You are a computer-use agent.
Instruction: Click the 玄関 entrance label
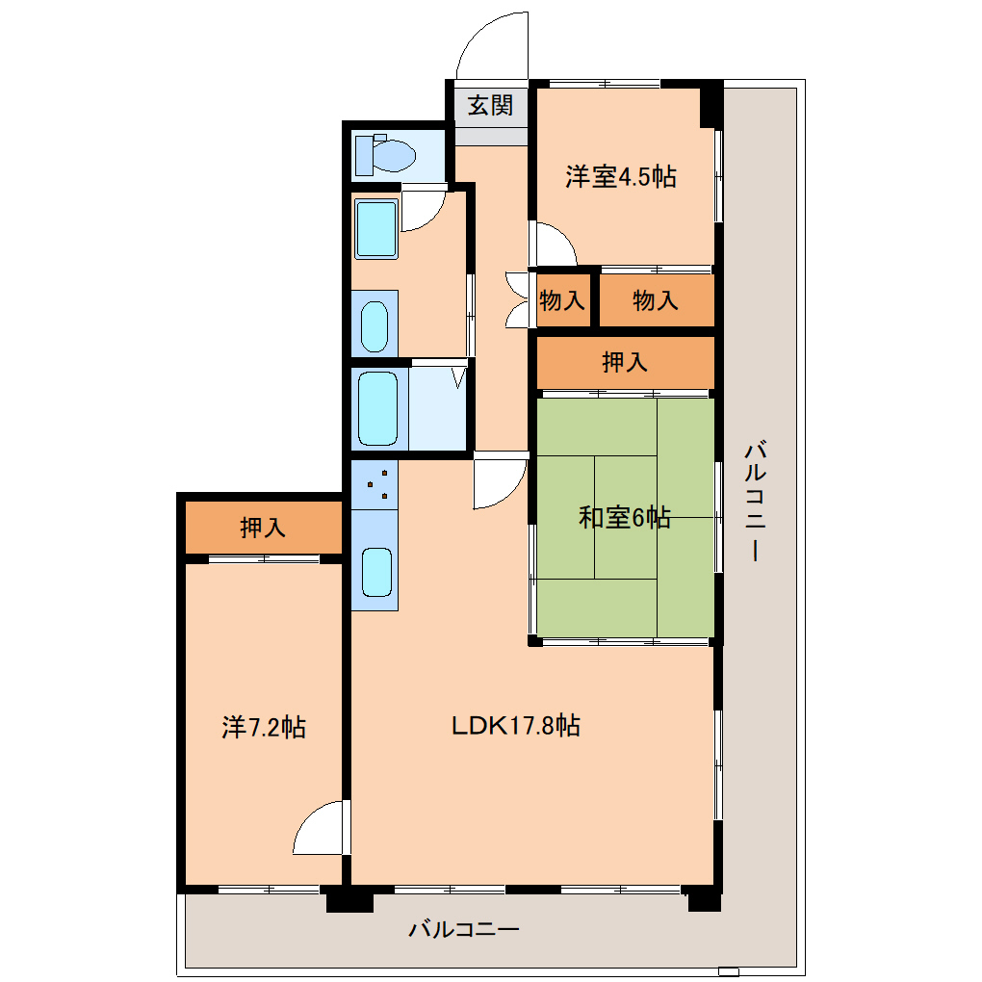[490, 105]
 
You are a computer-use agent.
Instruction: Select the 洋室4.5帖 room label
[620, 176]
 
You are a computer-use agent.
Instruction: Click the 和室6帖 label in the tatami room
[624, 518]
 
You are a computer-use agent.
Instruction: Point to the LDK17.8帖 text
[516, 726]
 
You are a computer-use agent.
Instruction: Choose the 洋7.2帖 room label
[264, 728]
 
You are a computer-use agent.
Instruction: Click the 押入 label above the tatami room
[625, 362]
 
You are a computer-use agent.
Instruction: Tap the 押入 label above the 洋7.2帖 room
[263, 528]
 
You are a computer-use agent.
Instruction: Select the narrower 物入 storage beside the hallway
[562, 300]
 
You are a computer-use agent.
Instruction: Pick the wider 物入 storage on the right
[656, 300]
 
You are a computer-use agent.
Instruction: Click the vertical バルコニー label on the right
[756, 501]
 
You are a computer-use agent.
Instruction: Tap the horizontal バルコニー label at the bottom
[464, 930]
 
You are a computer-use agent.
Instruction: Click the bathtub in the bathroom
[377, 409]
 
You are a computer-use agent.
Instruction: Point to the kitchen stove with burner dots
[375, 484]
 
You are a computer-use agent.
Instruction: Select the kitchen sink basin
[375, 573]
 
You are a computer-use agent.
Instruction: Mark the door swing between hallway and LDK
[499, 480]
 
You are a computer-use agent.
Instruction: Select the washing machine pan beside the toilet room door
[375, 229]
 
